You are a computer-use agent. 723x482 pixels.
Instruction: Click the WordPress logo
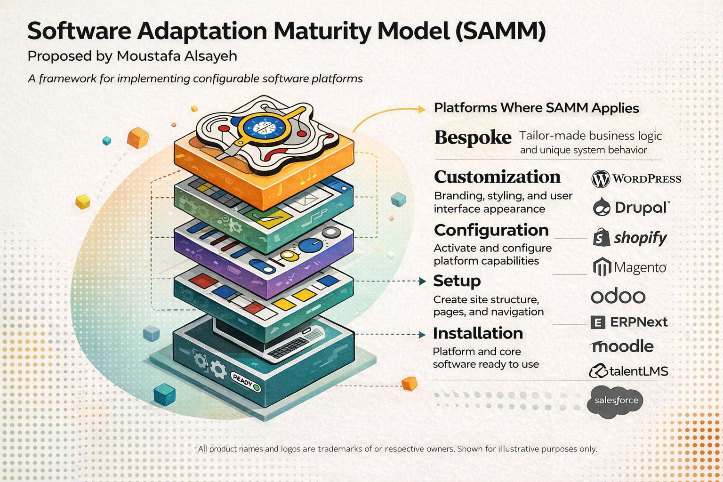(636, 179)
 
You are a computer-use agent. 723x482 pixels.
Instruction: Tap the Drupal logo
(631, 207)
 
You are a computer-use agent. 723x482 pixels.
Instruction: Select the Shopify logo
(630, 238)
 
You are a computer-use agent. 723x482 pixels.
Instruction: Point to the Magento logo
(629, 267)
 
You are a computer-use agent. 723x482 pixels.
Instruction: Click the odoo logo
(618, 297)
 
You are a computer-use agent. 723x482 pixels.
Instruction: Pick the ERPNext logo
(629, 322)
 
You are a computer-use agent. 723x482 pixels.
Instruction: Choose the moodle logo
(622, 346)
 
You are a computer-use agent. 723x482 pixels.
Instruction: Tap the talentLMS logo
(628, 371)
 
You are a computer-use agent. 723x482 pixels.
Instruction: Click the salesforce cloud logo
(616, 401)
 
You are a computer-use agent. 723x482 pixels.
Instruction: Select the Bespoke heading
(473, 137)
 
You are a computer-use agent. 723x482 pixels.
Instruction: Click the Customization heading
(497, 177)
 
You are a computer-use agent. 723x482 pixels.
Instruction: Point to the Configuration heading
(491, 230)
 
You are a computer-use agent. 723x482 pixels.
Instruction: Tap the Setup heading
(457, 281)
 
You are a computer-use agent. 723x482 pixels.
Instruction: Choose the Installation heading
(478, 333)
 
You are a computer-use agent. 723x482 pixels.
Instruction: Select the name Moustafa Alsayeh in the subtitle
(177, 56)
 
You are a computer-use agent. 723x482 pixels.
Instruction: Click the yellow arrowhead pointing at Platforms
(421, 109)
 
